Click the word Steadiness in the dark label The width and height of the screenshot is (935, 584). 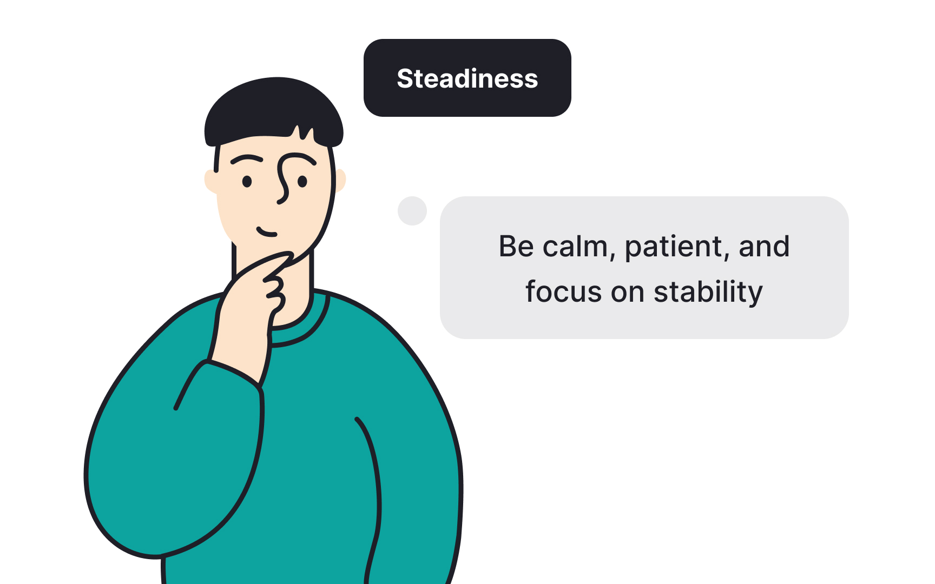pyautogui.click(x=467, y=79)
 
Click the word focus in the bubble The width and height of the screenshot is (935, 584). pyautogui.click(x=563, y=292)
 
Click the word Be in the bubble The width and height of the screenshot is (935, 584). pyautogui.click(x=516, y=247)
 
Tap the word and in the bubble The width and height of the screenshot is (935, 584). pyautogui.click(x=764, y=247)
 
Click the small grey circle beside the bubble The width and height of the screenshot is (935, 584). pyautogui.click(x=412, y=211)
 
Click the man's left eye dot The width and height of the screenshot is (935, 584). pyautogui.click(x=247, y=182)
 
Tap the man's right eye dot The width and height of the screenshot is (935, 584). pyautogui.click(x=302, y=181)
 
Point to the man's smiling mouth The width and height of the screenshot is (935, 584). pyautogui.click(x=266, y=233)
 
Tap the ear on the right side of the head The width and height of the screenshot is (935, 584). pyautogui.click(x=340, y=180)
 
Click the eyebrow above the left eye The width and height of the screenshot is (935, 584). pyautogui.click(x=247, y=159)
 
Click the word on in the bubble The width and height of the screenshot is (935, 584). pyautogui.click(x=627, y=293)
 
